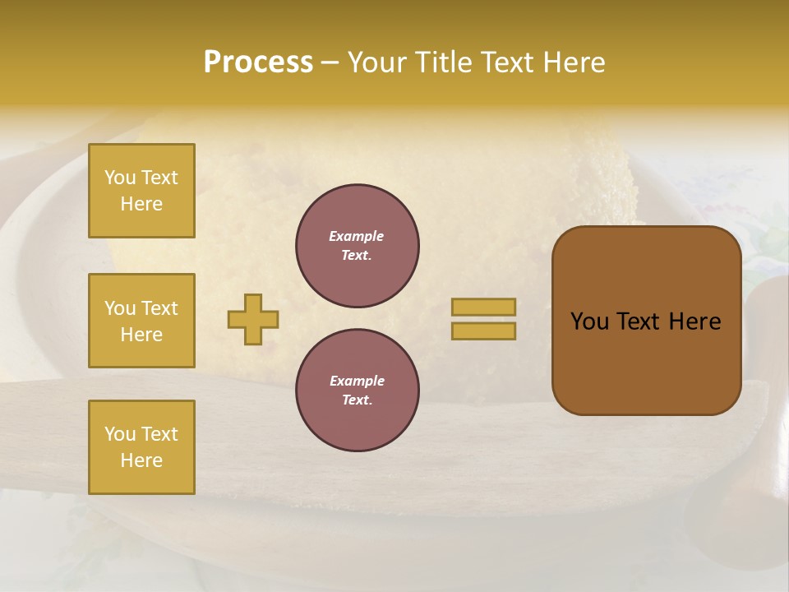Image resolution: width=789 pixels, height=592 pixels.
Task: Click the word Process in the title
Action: point(258,62)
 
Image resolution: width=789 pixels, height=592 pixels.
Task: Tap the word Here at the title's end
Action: point(570,62)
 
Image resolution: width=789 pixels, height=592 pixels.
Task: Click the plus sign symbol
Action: point(253,319)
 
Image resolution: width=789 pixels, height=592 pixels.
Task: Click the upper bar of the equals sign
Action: point(483,307)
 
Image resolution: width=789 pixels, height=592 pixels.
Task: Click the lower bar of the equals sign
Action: point(483,331)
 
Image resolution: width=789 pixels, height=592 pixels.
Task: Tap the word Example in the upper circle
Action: point(357,236)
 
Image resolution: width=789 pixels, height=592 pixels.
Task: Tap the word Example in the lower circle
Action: point(357,381)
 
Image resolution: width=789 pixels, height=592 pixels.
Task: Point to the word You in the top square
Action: point(120,178)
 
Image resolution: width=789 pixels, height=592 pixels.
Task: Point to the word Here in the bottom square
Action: point(141,460)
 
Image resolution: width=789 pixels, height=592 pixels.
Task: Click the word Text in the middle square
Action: point(159,308)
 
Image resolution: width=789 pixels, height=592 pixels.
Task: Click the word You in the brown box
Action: point(589,321)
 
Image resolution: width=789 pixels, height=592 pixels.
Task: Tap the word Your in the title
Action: point(379,62)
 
